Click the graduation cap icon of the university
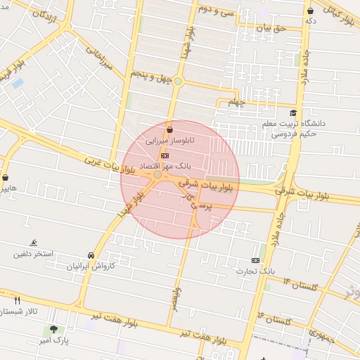[293, 112]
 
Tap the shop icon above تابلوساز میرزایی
[169, 129]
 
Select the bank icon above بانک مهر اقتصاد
[165, 155]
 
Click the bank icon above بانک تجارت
[255, 260]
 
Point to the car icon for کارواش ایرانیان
[91, 256]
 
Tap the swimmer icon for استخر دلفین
[34, 243]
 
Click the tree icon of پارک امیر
[54, 330]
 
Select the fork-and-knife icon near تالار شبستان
[18, 300]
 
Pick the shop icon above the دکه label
[311, 11]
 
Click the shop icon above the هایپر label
[6, 178]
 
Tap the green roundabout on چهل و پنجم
[178, 82]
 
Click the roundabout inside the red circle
[157, 174]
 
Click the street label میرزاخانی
[99, 58]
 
